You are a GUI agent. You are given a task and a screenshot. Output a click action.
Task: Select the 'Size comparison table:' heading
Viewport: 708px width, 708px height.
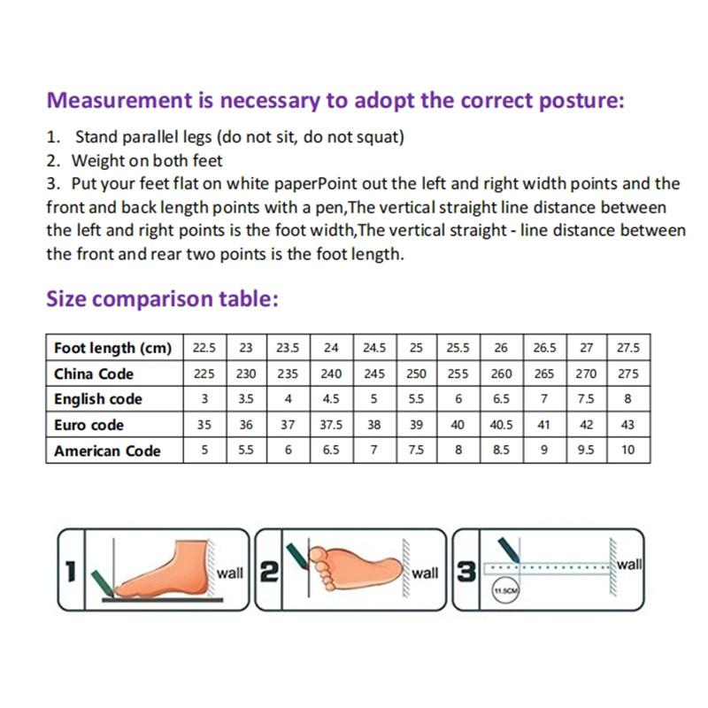point(163,298)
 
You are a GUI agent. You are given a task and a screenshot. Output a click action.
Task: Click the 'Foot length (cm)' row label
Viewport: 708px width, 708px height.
point(113,348)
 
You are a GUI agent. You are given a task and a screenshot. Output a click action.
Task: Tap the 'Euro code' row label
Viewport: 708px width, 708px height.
point(88,425)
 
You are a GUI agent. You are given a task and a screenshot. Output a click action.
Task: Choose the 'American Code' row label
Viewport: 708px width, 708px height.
point(107,450)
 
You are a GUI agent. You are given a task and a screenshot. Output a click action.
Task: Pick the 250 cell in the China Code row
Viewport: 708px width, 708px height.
point(416,373)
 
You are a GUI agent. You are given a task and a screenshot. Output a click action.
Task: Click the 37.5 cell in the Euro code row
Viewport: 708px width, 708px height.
point(331,425)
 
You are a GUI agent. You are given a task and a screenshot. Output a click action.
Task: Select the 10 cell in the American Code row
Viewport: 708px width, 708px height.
point(627,450)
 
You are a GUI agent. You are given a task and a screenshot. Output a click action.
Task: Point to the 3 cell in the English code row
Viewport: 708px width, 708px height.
point(204,399)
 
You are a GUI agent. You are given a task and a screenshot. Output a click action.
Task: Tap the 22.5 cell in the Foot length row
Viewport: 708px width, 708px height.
point(204,348)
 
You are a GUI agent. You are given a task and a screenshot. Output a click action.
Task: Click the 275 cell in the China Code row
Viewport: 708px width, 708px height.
point(627,373)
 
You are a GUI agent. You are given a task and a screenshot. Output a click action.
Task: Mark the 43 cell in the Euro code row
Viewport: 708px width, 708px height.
point(627,425)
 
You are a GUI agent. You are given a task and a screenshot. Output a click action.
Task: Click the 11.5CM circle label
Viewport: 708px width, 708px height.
point(505,590)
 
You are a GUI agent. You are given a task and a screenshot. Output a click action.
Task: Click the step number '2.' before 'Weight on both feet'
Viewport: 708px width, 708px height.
point(53,161)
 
